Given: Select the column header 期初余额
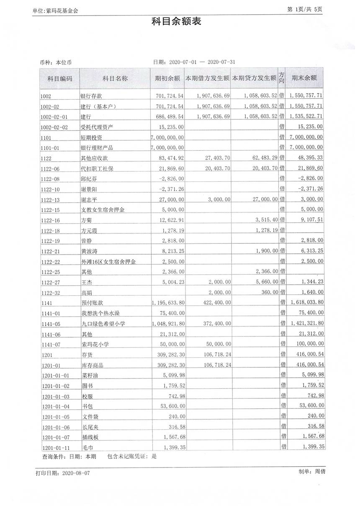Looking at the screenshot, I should [167, 78].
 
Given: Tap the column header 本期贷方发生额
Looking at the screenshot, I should [254, 78].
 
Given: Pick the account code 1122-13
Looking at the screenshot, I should [51, 199].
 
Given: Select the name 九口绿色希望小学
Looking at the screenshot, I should [104, 323].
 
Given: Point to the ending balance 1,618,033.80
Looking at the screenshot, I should [306, 302].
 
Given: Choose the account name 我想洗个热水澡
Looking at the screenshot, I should [101, 313].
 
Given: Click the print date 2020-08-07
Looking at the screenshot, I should [76, 473].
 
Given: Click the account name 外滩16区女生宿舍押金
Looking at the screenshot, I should [109, 262].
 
